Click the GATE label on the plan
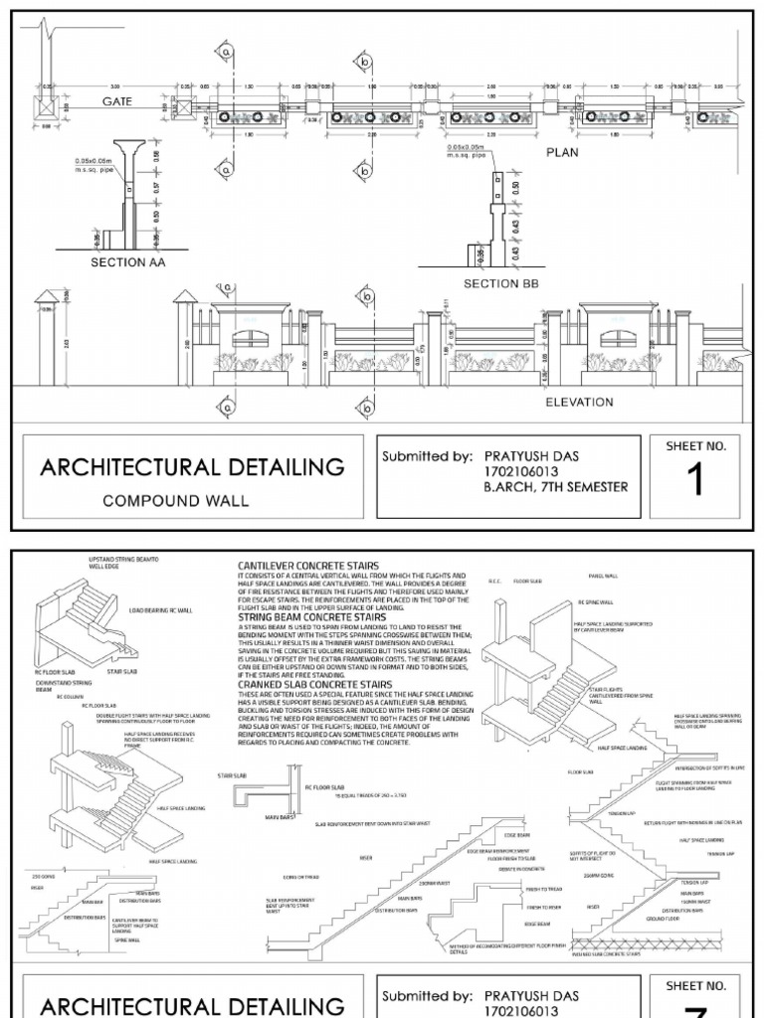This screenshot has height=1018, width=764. click(116, 101)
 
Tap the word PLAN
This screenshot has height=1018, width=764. click(561, 153)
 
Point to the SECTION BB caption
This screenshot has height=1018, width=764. click(504, 284)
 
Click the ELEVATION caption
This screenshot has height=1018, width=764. click(578, 403)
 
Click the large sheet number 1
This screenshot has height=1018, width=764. click(694, 481)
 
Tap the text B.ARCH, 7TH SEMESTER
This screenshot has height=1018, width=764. click(556, 487)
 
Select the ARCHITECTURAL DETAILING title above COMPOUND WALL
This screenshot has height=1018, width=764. click(191, 466)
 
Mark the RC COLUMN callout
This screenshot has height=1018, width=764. click(68, 698)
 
